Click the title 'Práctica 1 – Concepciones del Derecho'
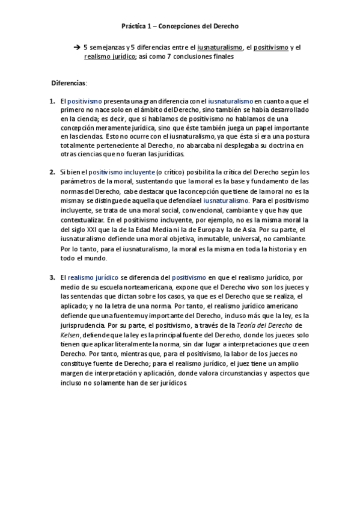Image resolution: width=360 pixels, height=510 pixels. pyautogui.click(x=180, y=27)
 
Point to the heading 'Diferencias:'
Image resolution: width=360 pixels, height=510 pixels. pyautogui.click(x=69, y=82)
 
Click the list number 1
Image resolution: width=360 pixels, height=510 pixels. pyautogui.click(x=52, y=102)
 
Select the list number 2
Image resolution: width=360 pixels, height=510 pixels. pyautogui.click(x=52, y=172)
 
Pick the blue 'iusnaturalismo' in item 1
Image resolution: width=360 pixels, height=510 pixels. pyautogui.click(x=231, y=102)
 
